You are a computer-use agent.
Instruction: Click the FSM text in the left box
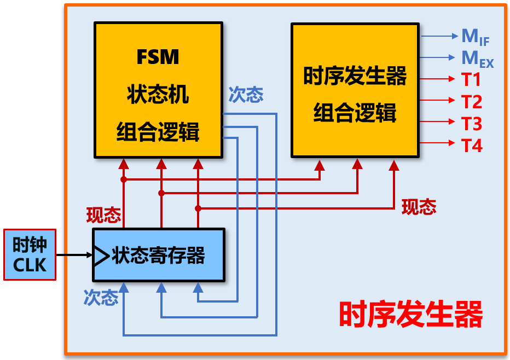[x=158, y=57]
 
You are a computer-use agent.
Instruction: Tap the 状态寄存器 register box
[x=159, y=256]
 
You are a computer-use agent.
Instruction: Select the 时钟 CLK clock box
[x=30, y=255]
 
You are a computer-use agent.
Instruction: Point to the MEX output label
[x=477, y=58]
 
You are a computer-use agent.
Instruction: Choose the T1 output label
[x=471, y=80]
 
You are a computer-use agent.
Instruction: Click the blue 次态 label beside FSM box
[x=246, y=95]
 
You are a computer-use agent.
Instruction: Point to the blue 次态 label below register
[x=101, y=298]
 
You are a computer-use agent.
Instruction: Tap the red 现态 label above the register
[x=103, y=215]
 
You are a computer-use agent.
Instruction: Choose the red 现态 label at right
[x=419, y=206]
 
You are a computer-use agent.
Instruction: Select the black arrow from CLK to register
[x=74, y=255]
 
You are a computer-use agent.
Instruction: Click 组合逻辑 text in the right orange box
[x=355, y=114]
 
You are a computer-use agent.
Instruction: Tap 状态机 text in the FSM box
[x=158, y=94]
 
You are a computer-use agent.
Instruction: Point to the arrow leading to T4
[x=438, y=143]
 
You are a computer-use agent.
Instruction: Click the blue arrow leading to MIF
[x=438, y=36]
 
